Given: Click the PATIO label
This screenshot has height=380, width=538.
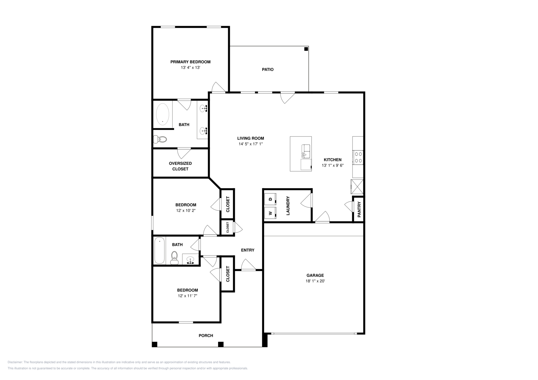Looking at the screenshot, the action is coord(268,69).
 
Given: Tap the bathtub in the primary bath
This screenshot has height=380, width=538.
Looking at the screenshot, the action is coord(163,114).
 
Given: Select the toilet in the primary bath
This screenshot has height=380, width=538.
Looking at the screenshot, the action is coord(160,139).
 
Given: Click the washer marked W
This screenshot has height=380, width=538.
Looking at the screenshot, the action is coord(270,213).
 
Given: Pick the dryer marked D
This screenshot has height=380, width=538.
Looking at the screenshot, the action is coord(270,199).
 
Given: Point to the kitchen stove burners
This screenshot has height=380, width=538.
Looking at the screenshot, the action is coord(358,157).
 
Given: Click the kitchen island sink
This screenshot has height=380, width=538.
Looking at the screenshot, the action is coord(306,151).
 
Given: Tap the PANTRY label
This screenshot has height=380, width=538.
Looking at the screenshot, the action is coord(359,210).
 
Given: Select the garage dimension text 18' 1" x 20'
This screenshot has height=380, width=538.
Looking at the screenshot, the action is coord(315,281).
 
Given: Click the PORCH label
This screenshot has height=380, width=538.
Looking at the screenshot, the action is coord(206,336).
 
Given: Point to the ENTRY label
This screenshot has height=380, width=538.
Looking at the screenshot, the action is coord(248,250).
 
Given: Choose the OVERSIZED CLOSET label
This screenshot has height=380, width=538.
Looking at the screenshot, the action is coord(180,166).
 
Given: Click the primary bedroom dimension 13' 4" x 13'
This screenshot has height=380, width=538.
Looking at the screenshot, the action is coord(191,67).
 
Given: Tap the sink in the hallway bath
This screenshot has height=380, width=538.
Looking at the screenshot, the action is coord(191,260).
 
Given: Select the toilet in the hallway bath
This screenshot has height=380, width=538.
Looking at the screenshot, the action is coord(175,258).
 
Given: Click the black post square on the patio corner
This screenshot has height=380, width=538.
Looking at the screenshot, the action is coord(306,49).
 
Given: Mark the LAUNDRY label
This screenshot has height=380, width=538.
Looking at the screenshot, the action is coord(288,206).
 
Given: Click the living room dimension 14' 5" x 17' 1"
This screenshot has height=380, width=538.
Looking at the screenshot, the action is coord(251,144).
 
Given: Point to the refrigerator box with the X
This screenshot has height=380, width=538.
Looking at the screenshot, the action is coord(357,187).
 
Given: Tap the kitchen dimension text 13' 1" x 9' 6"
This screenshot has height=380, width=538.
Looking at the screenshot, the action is coord(333,165).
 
